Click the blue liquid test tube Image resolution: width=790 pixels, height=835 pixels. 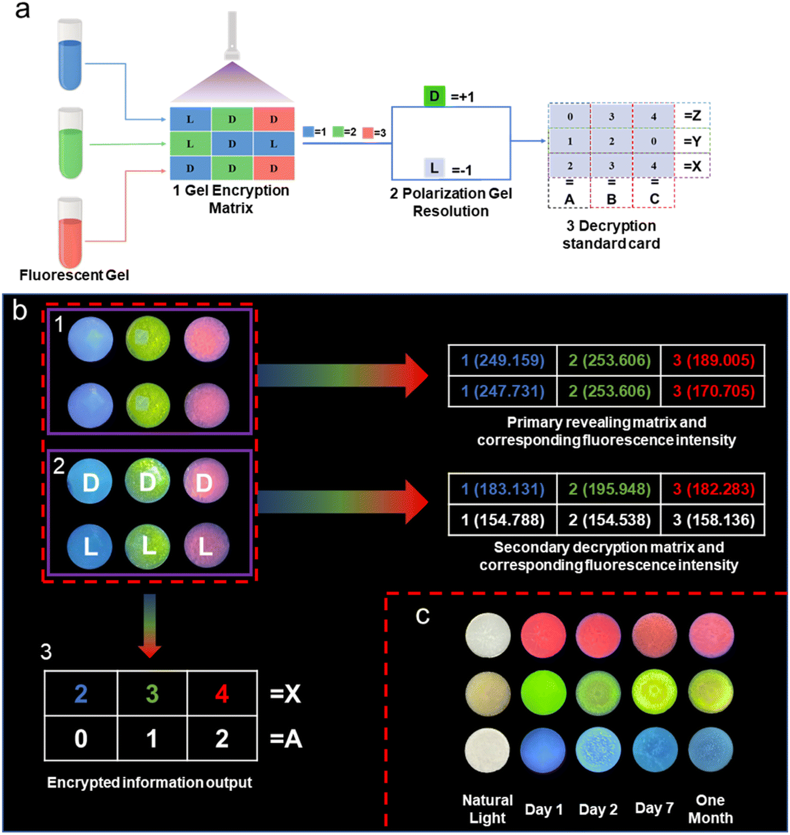[70, 55]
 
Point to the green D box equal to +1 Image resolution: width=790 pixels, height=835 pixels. [434, 96]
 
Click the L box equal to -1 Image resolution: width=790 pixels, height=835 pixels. [434, 168]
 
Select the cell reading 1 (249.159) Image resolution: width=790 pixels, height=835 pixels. [503, 361]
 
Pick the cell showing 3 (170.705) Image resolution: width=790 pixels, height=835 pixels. [713, 391]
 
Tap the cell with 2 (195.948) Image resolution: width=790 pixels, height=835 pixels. [609, 489]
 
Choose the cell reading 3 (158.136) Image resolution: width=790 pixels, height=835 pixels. [713, 520]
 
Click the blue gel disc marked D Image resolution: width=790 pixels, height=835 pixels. [90, 482]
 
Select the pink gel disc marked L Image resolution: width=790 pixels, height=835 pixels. [206, 546]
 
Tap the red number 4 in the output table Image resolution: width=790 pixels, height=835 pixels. [222, 694]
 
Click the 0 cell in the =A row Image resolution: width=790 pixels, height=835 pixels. [81, 739]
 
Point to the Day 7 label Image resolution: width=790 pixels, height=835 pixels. [654, 808]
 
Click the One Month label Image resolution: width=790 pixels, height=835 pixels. [710, 809]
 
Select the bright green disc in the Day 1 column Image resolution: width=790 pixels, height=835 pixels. [543, 692]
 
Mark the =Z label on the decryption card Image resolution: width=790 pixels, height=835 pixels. [692, 116]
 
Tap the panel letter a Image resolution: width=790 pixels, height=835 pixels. [22, 10]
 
